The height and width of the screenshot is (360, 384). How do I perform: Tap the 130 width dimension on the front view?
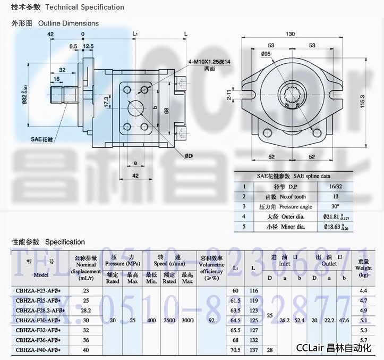(291, 34)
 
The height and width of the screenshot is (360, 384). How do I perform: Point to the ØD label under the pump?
(189, 156)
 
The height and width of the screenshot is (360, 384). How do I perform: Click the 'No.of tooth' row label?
(289, 197)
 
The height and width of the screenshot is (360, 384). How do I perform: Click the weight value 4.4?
(363, 291)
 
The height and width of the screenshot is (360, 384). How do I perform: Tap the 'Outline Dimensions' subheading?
(69, 23)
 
